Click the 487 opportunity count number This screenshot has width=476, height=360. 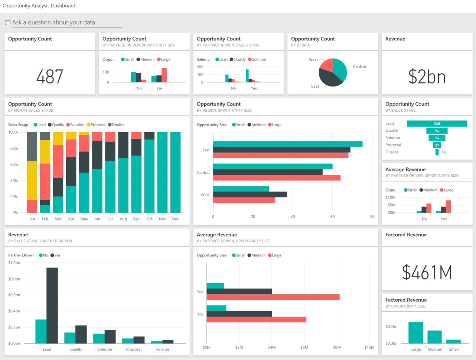pos(50,77)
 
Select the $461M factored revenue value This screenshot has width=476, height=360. pos(427,272)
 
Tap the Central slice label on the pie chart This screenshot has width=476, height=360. pos(359,66)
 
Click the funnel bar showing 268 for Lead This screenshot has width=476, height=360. pos(437,124)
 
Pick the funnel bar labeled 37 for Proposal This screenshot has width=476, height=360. pos(437,145)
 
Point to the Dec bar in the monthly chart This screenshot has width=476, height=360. pos(175,172)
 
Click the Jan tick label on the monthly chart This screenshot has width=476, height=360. pos(32,219)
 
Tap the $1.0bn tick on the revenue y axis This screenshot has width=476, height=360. pos(14,263)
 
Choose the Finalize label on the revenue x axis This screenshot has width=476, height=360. pos(163,349)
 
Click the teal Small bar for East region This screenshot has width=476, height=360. pos(287,144)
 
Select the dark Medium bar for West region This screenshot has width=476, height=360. pos(250,194)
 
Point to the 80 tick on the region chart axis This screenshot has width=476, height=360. pos(372,217)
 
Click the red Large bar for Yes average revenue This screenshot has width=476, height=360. pos(273,297)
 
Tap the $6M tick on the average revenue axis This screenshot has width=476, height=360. pos(304,347)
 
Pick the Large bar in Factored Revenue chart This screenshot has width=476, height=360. pos(415,333)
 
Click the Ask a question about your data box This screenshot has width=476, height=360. pos(63,22)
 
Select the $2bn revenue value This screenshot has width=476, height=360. pos(427,77)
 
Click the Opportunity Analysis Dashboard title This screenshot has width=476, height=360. pos(39,6)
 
